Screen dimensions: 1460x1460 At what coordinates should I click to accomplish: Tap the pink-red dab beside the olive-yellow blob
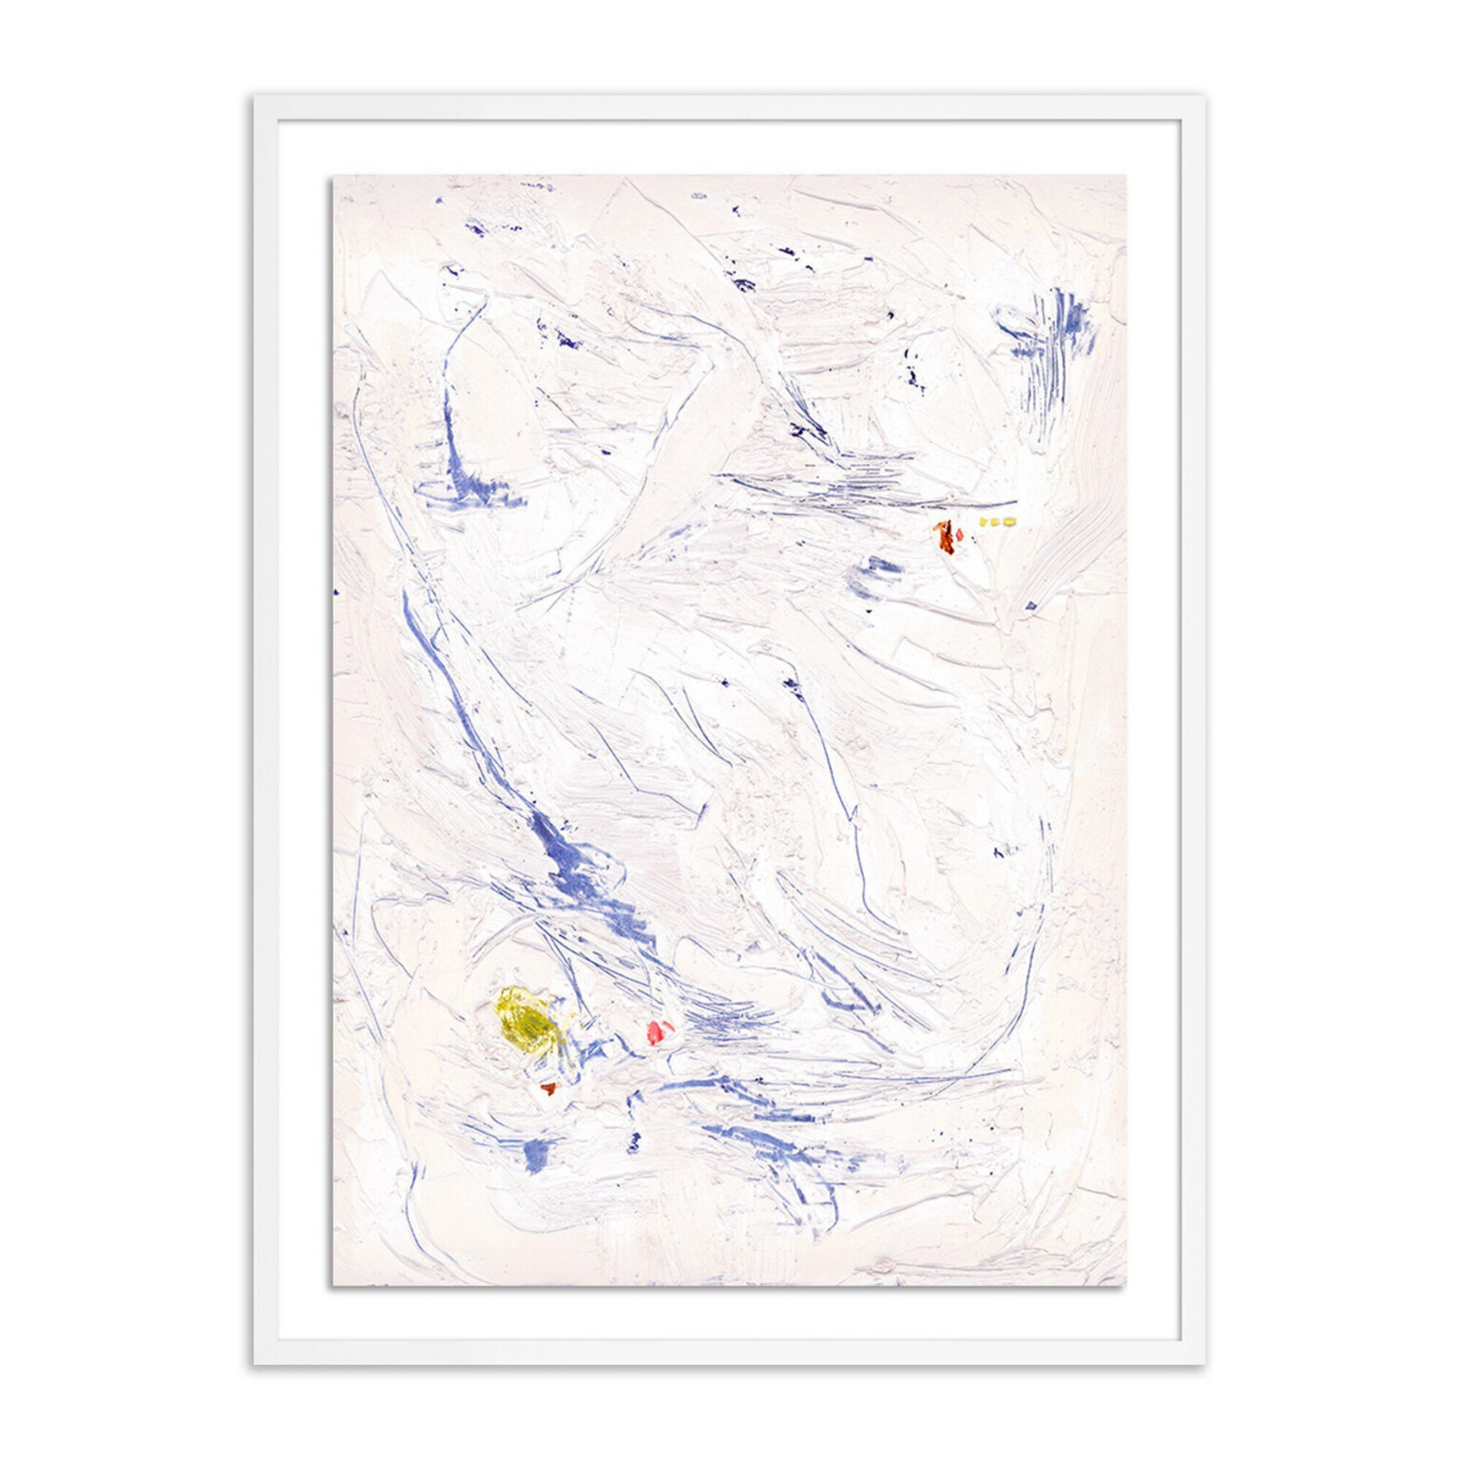point(659,1030)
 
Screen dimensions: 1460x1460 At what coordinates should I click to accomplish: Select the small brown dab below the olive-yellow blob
point(548,1088)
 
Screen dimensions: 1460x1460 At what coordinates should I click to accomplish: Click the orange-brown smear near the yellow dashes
point(946,536)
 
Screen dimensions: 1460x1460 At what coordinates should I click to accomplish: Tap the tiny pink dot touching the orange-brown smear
point(959,535)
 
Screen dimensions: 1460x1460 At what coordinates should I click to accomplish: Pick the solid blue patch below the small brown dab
point(537,1153)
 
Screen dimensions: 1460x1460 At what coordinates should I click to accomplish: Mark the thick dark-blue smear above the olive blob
point(570,860)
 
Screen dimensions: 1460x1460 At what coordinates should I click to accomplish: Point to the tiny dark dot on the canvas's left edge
point(336,592)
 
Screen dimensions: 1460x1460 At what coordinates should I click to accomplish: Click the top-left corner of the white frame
point(255,97)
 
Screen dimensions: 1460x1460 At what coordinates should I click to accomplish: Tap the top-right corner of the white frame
point(1204,97)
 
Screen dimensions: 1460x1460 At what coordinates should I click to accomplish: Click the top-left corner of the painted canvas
point(333,176)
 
